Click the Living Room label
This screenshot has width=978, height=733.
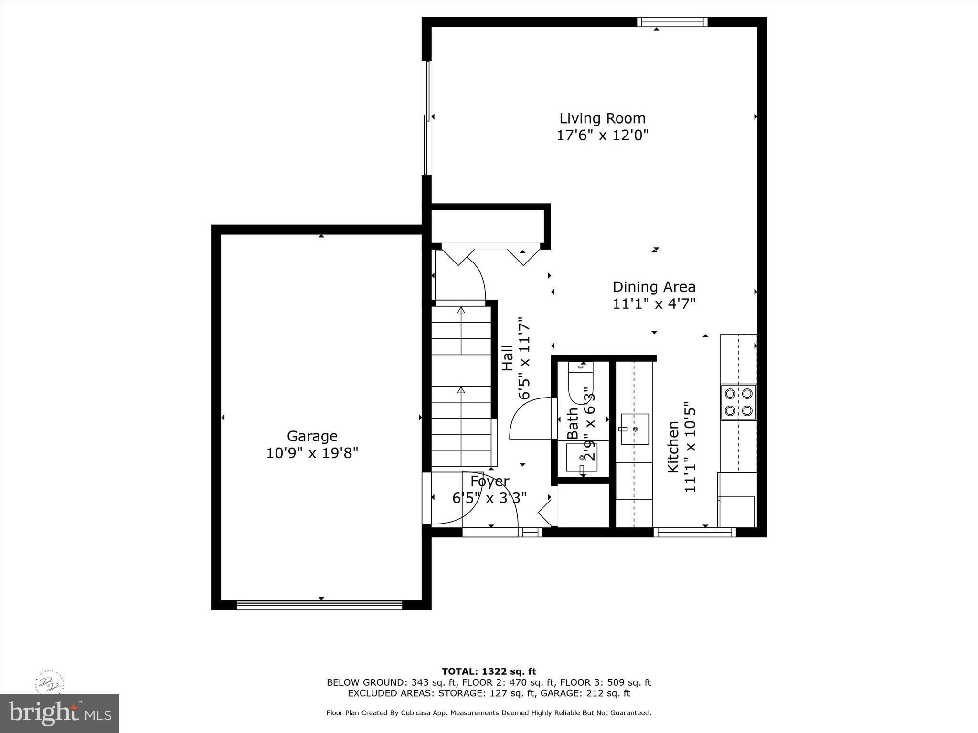click(x=602, y=118)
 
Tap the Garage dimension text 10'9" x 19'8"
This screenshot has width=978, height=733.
click(x=312, y=452)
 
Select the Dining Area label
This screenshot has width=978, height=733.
click(x=654, y=287)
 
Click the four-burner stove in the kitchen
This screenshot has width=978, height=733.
click(x=738, y=402)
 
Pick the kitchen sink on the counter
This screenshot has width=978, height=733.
click(x=635, y=429)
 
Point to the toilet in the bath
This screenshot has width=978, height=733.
click(x=581, y=382)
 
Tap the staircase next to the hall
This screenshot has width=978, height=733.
click(x=461, y=387)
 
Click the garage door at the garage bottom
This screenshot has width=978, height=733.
click(x=319, y=605)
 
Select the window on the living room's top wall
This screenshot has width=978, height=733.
click(x=672, y=22)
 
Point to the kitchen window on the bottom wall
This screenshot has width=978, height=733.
click(x=694, y=532)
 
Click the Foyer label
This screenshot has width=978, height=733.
click(x=489, y=481)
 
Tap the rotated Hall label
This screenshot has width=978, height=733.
click(x=507, y=358)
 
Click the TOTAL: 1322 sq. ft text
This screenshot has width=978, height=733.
click(x=489, y=671)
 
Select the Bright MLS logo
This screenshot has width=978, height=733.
click(x=60, y=713)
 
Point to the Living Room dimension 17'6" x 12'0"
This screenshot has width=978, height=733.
click(x=602, y=135)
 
